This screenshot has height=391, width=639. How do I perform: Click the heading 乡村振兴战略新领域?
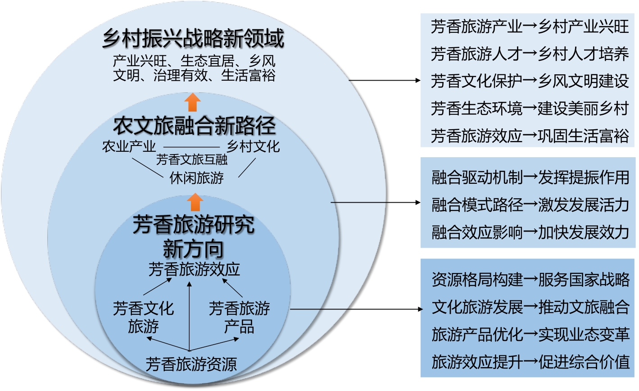click(193, 39)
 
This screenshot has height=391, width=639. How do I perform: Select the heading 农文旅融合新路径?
click(194, 126)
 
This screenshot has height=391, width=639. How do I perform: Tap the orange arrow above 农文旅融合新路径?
click(193, 102)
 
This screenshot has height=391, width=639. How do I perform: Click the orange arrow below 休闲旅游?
click(195, 202)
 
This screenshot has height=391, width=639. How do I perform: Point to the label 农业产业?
click(129, 146)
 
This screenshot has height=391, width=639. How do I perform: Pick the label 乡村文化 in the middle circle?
click(253, 146)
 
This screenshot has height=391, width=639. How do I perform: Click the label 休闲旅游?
click(196, 178)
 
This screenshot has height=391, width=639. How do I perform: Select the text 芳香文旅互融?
click(192, 159)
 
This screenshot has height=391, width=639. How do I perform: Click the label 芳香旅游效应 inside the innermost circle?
click(194, 269)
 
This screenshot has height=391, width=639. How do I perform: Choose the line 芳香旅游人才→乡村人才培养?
click(530, 54)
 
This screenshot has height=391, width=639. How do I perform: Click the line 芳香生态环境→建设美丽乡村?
click(530, 109)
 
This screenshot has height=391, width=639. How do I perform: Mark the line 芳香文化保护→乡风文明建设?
click(530, 82)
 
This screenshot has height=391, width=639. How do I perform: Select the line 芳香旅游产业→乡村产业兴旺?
click(530, 27)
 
